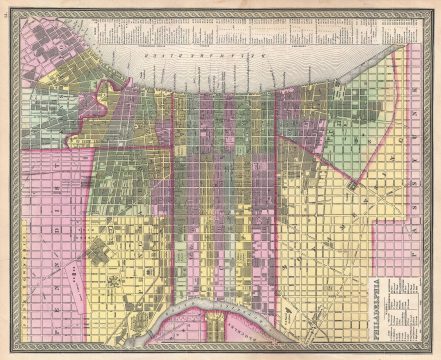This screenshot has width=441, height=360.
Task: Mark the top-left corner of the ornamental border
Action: (x=7, y=7)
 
